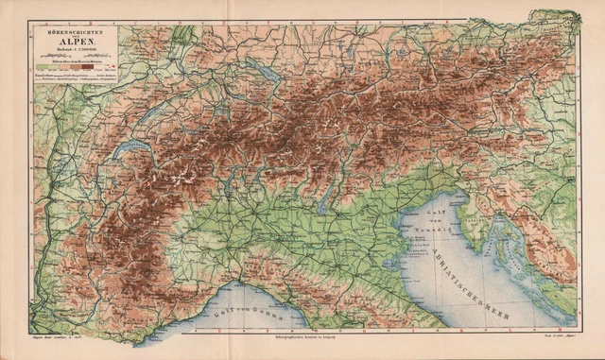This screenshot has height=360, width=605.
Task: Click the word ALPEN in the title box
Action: tap(75, 42)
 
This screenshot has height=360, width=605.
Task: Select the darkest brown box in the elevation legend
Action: tap(97, 67)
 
